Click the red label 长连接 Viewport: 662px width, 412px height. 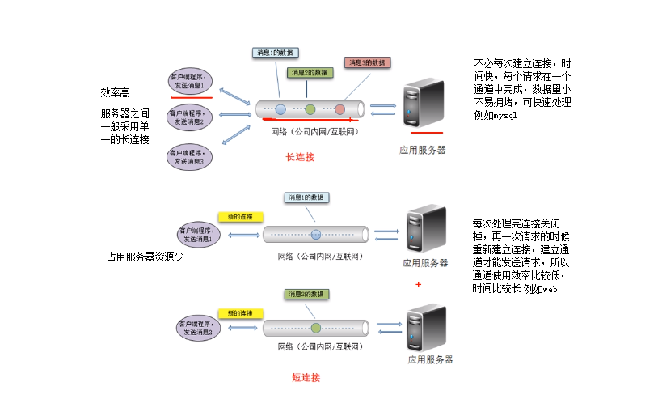pos(300,157)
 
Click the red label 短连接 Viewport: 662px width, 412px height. pos(306,377)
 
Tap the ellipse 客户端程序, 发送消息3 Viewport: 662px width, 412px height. pos(191,156)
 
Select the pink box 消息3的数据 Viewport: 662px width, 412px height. pos(368,62)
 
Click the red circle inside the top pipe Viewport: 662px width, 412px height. pos(340,108)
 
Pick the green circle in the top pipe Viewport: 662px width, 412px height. pos(310,108)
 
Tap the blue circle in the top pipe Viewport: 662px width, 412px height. pos(280,108)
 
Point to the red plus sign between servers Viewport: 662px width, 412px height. pos(418,284)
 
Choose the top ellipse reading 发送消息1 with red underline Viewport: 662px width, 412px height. pos(191,83)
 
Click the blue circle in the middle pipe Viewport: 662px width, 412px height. pos(315,235)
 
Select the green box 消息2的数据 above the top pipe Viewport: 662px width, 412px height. pos(308,73)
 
